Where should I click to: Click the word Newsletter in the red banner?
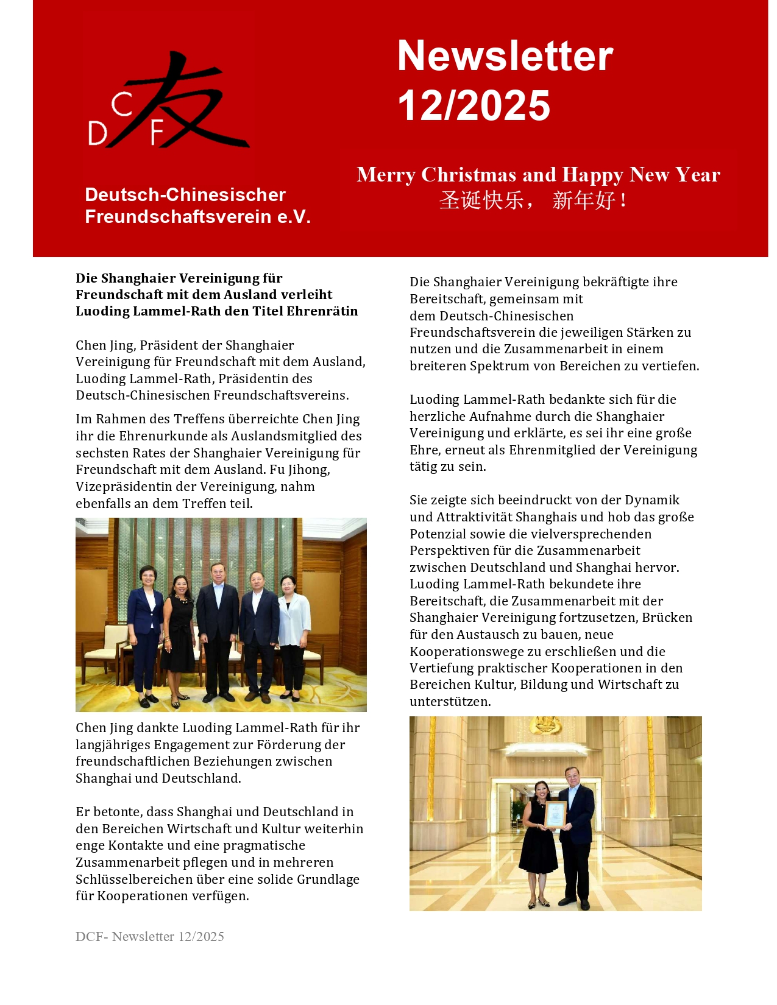click(505, 56)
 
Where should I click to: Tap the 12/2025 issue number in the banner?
click(474, 105)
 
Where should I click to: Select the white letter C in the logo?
click(122, 105)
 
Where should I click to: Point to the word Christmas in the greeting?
click(469, 175)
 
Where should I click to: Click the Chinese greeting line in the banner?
click(532, 200)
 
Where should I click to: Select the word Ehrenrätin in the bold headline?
click(322, 311)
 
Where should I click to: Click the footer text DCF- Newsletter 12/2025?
click(149, 937)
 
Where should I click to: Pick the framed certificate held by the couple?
click(555, 815)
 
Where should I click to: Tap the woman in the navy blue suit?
click(145, 633)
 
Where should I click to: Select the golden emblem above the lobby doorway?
click(545, 724)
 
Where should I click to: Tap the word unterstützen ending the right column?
click(450, 702)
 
